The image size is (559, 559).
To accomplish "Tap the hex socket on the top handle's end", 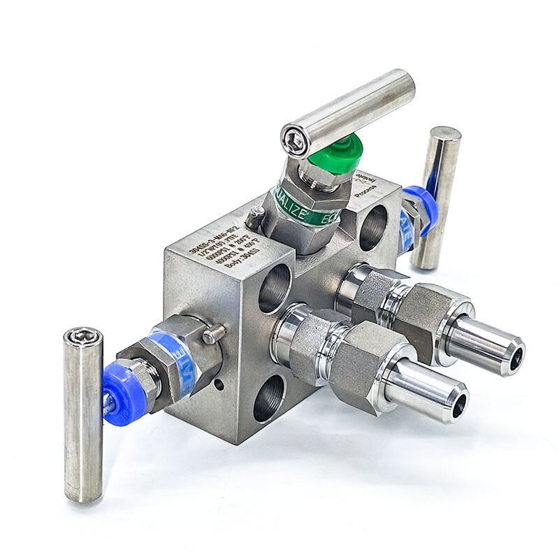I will point(295,141).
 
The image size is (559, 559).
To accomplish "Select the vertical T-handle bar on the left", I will point(83,415).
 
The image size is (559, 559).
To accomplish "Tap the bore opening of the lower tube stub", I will point(459,407).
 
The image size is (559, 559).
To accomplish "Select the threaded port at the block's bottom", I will point(269,399).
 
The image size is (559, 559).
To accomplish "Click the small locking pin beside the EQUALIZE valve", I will point(256,219).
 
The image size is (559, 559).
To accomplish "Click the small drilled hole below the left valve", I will point(221,383).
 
